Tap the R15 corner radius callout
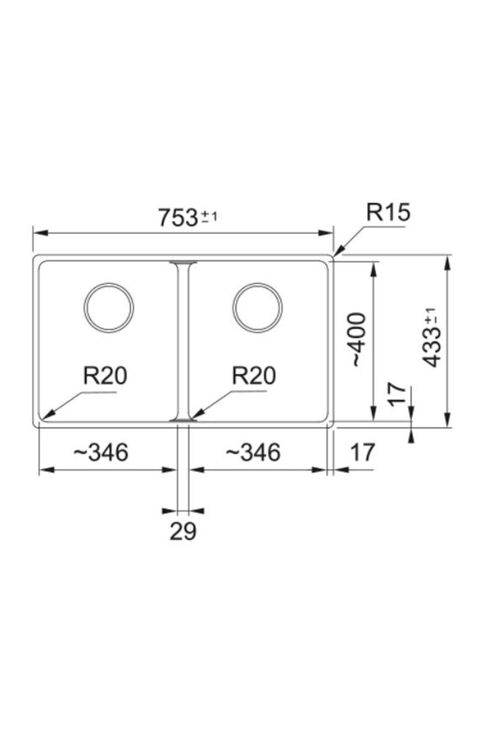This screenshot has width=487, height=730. click(388, 212)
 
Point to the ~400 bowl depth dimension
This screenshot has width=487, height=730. click(359, 340)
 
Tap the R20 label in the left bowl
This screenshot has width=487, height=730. click(105, 376)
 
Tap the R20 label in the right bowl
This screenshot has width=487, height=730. click(254, 376)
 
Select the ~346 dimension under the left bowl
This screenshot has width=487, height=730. click(101, 452)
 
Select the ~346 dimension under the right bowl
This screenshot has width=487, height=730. click(253, 452)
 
